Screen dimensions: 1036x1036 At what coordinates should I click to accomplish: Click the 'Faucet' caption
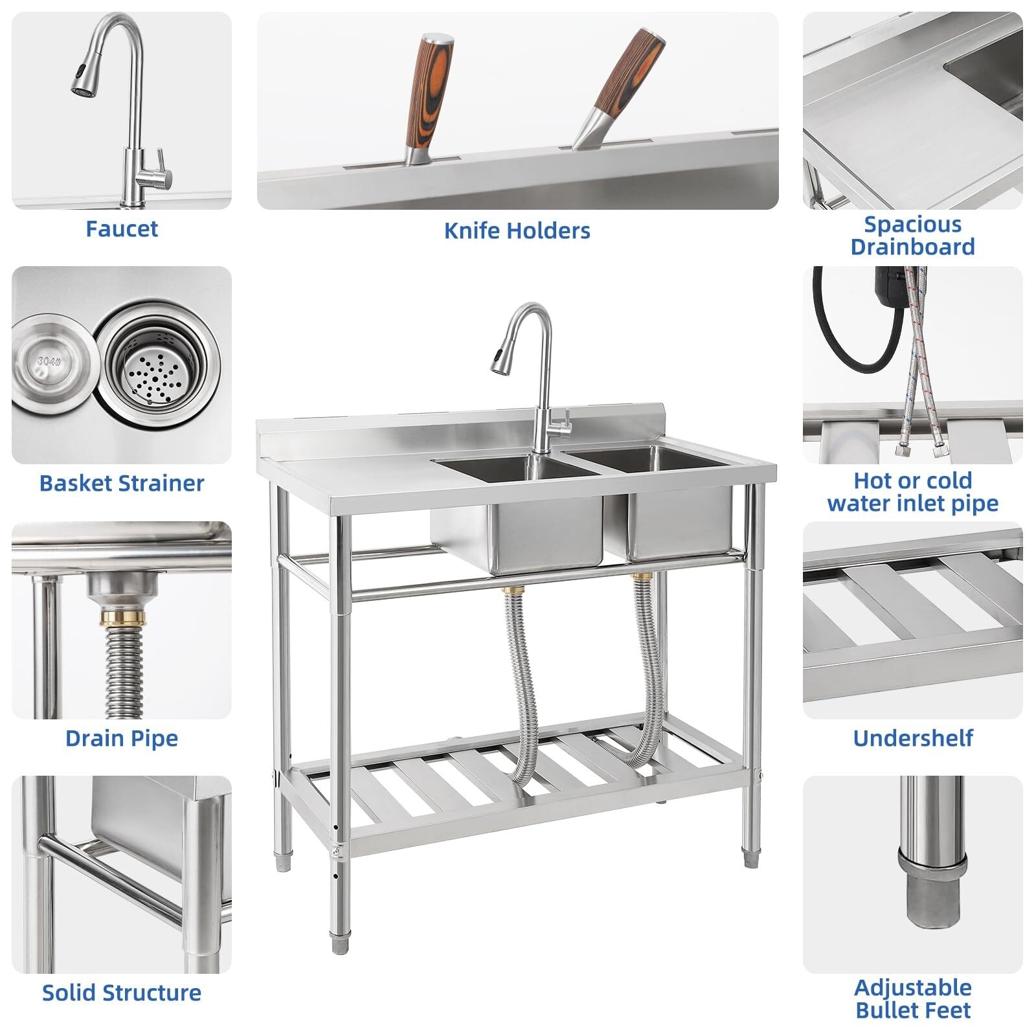122,229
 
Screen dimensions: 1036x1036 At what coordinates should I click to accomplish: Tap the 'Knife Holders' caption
517,231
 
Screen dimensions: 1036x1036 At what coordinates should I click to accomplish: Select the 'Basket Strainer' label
122,483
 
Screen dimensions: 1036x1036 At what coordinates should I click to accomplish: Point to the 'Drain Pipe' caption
122,738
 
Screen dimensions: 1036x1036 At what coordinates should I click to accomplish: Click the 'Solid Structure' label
122,993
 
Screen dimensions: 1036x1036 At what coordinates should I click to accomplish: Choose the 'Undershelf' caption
912,738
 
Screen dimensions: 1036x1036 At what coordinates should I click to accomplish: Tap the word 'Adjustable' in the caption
912,987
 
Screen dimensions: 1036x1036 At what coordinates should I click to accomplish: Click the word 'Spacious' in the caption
912,225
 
